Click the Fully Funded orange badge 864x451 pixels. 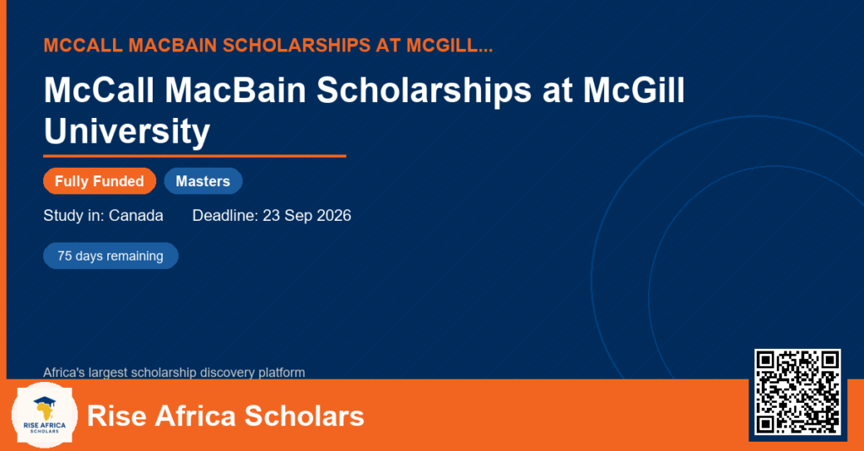(x=100, y=181)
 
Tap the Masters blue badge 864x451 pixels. (x=203, y=181)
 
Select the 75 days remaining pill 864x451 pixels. (x=111, y=256)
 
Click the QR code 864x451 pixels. (x=797, y=391)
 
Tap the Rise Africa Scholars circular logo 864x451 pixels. (x=44, y=416)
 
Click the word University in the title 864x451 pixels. (x=127, y=132)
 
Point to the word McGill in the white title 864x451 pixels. (x=634, y=89)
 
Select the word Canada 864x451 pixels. (x=136, y=215)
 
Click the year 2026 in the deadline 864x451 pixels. (x=334, y=215)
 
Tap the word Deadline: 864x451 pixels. (x=225, y=215)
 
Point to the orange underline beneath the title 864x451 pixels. (x=195, y=157)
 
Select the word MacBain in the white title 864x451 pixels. (x=235, y=89)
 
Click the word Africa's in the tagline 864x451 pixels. (x=64, y=373)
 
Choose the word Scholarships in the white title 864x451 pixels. (x=424, y=91)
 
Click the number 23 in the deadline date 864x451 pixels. (x=271, y=215)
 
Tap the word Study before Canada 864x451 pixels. (x=63, y=215)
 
